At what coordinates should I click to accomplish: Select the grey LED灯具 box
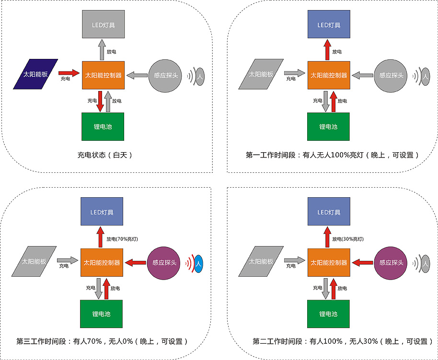(103, 25)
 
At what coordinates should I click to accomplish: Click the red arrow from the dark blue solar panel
(69, 74)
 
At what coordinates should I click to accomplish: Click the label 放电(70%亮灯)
(122, 238)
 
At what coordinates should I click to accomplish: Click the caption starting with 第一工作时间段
(333, 155)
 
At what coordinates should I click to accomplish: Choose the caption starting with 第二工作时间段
(339, 341)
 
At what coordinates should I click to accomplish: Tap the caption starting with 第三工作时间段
(102, 341)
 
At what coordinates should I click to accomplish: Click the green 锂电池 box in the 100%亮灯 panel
(328, 127)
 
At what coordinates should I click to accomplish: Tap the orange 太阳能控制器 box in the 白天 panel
(103, 75)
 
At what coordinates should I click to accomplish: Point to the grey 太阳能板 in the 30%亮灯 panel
(261, 261)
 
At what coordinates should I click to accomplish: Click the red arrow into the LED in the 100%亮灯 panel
(327, 50)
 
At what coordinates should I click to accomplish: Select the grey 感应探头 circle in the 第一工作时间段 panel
(392, 75)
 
